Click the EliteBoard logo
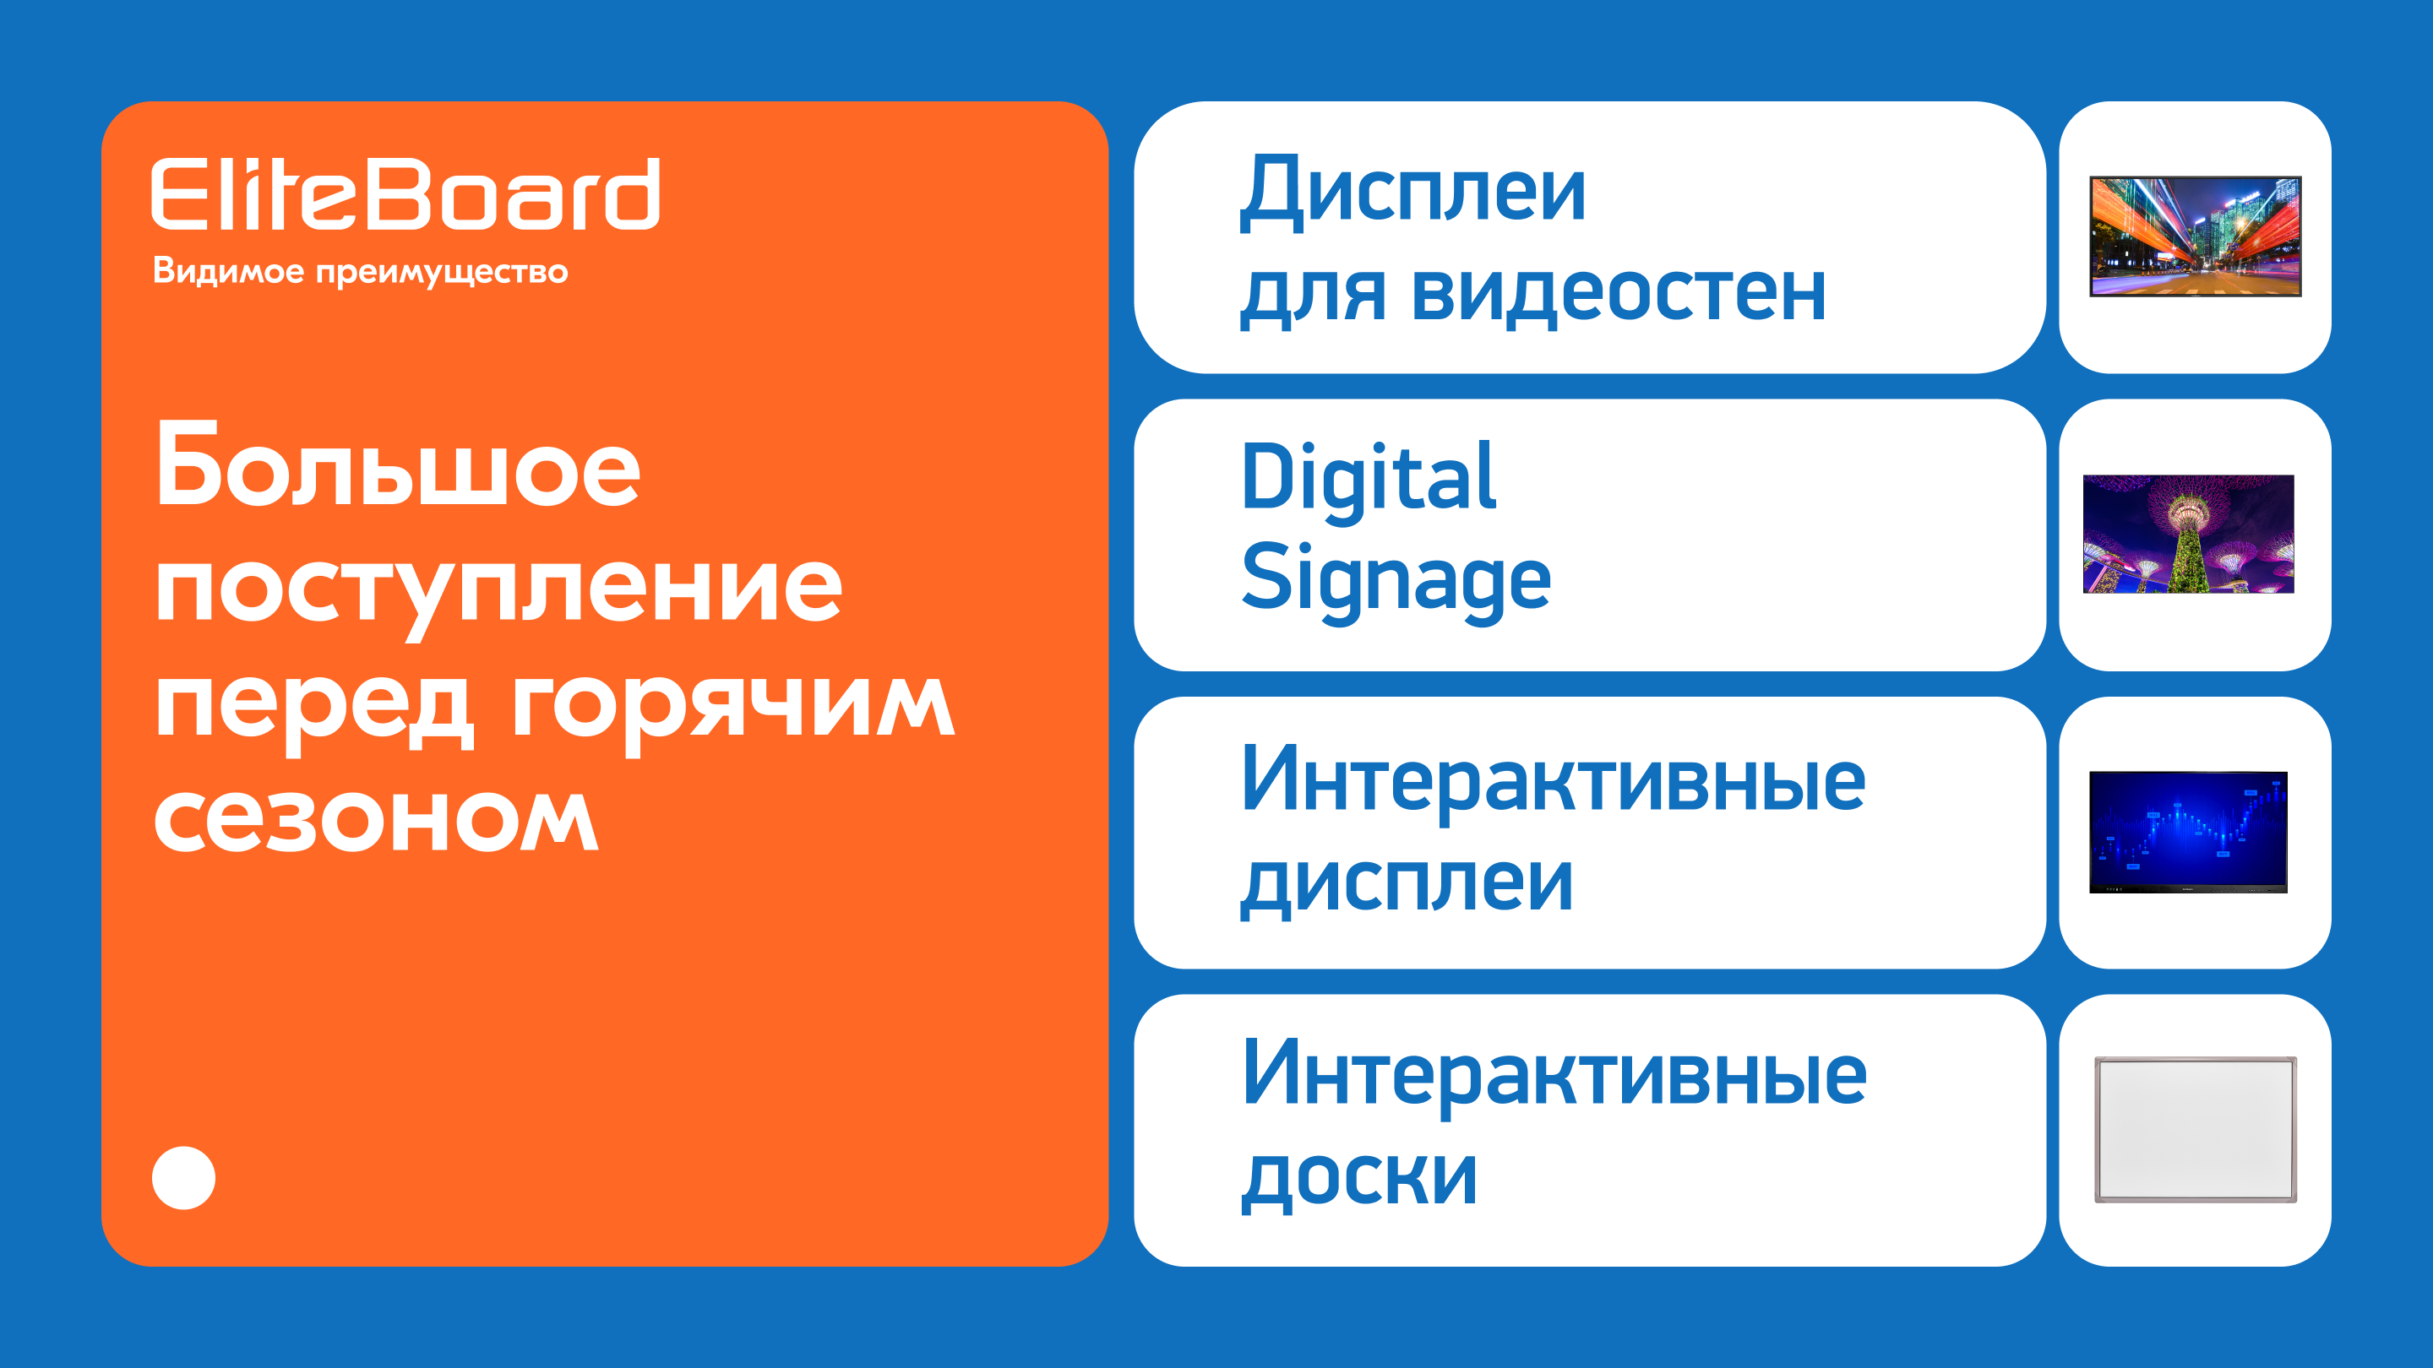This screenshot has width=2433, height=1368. (405, 193)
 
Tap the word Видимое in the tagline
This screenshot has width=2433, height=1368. (229, 272)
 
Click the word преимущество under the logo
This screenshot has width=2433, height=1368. (442, 274)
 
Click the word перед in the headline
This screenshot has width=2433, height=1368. (313, 709)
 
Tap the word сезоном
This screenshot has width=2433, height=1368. (376, 818)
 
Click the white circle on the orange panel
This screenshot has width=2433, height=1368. (184, 1177)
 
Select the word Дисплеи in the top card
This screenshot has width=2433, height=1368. (1413, 193)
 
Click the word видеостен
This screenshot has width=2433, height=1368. (1619, 295)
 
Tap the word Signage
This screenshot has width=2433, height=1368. (1396, 579)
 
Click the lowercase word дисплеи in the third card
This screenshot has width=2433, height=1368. (1407, 883)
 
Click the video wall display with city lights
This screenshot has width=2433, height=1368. (2195, 236)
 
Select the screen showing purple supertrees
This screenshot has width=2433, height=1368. (2188, 535)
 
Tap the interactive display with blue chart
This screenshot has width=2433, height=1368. (2188, 832)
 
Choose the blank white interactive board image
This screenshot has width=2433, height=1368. (2196, 1129)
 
